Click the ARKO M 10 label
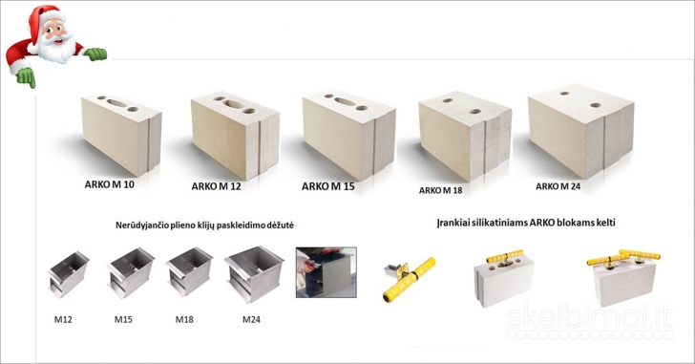point(109,184)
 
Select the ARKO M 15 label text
point(328,186)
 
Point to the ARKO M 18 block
point(465,136)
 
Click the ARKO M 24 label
point(558,186)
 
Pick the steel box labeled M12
point(69,274)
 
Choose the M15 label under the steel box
point(123,319)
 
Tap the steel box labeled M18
point(189,271)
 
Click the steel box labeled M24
point(254,273)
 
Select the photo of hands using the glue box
point(326,272)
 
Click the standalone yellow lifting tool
point(409,279)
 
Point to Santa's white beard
point(56,48)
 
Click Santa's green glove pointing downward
point(26,77)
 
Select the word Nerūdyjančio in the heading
point(142,225)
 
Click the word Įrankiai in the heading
point(453,222)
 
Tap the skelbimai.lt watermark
point(590,320)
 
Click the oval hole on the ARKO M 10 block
point(116,103)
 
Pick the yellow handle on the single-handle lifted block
point(504,256)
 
